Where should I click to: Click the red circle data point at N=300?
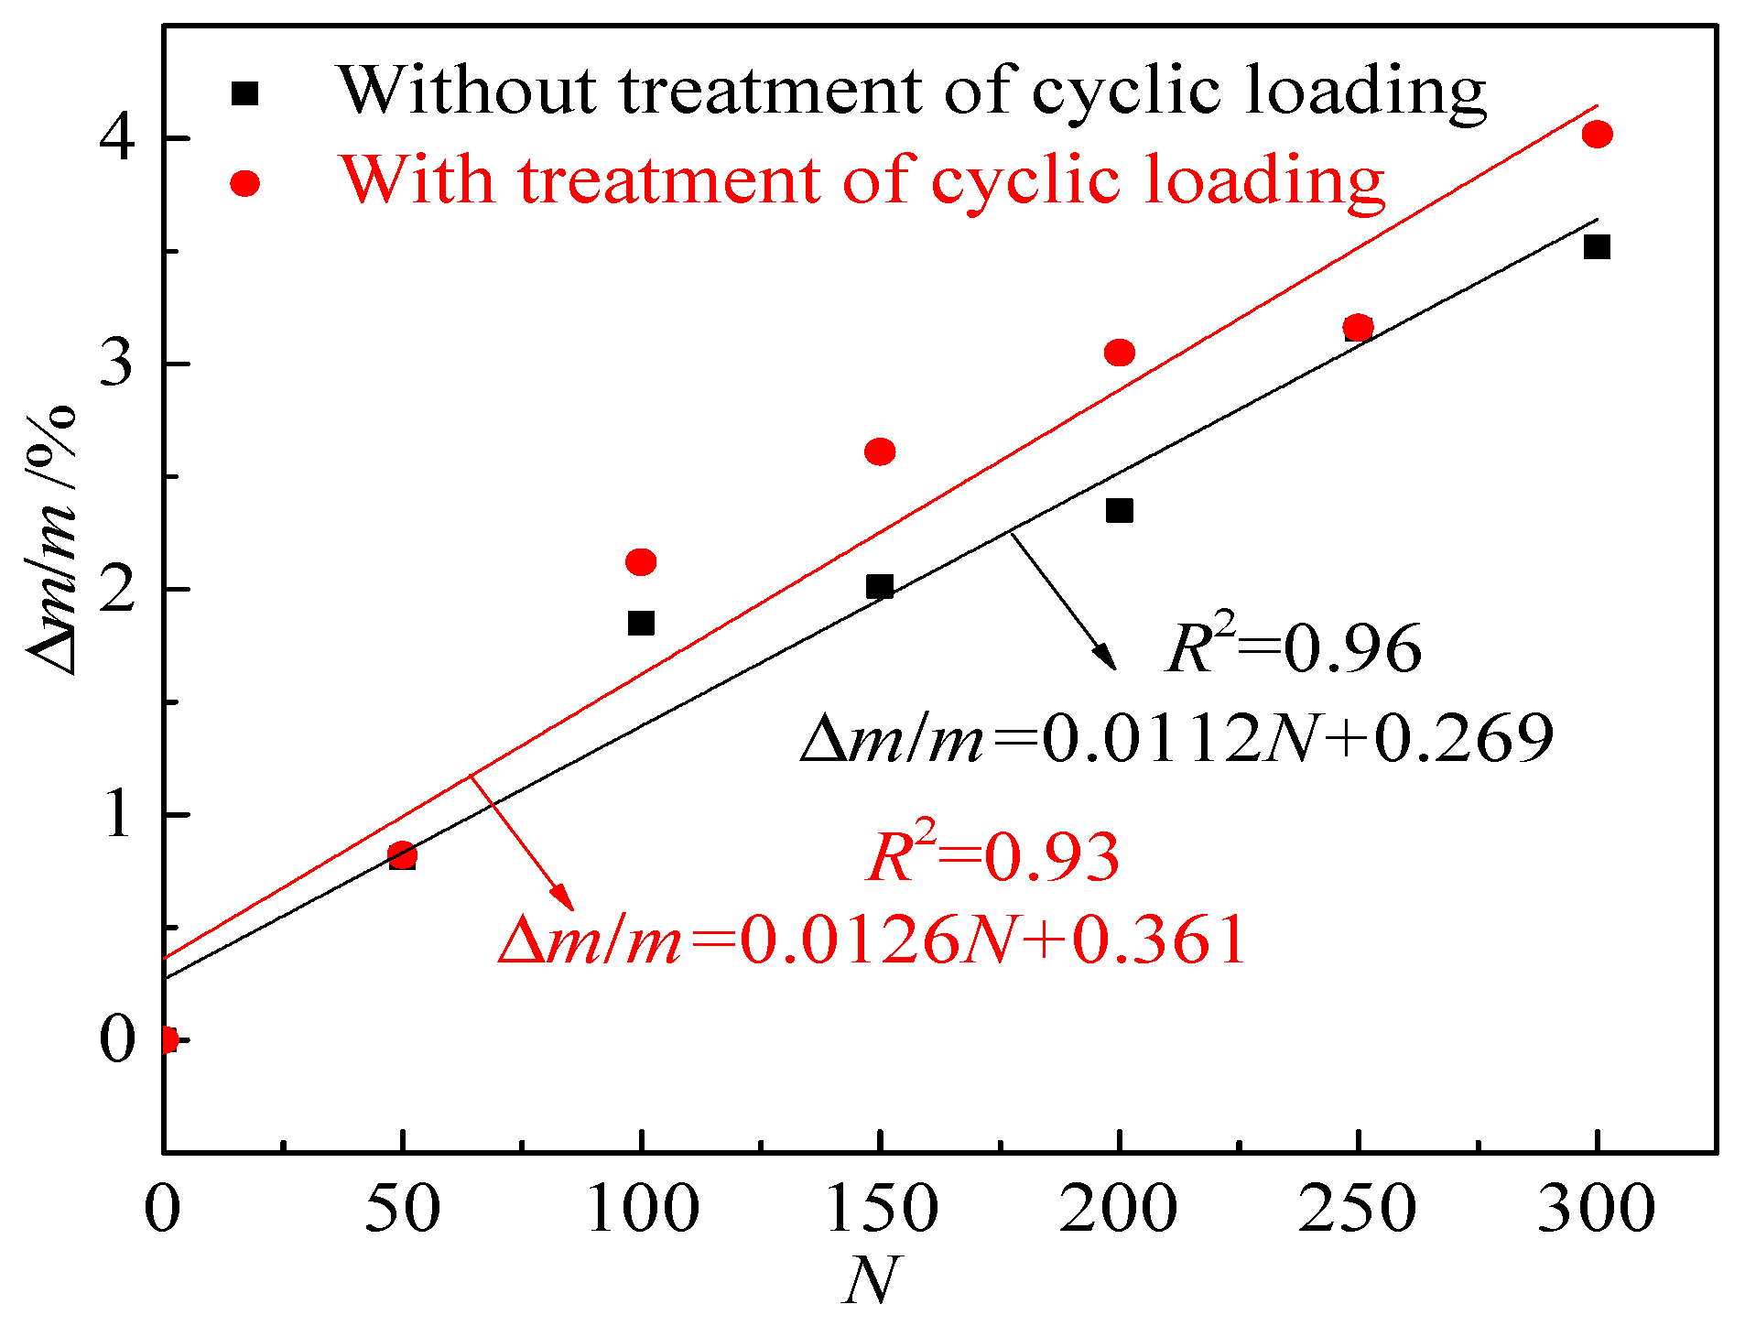tap(1597, 135)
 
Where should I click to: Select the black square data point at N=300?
tap(1597, 247)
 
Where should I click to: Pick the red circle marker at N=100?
tap(641, 561)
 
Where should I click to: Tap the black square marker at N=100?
tap(641, 624)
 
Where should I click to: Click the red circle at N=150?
tap(880, 451)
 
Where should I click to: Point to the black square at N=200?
tap(1119, 510)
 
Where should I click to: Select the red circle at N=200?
tap(1119, 353)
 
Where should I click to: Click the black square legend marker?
tap(244, 93)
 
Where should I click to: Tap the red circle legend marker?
tap(244, 183)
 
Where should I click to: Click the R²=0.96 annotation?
tap(1294, 648)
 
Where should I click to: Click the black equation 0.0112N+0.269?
tap(1176, 738)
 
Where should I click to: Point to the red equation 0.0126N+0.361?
tap(872, 940)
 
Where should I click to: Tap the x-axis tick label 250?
tap(1357, 1209)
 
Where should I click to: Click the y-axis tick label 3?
tap(117, 364)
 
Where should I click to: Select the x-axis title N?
tap(871, 1280)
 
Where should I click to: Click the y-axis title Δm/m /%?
tap(52, 540)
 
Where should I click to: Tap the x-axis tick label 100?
tap(643, 1209)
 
